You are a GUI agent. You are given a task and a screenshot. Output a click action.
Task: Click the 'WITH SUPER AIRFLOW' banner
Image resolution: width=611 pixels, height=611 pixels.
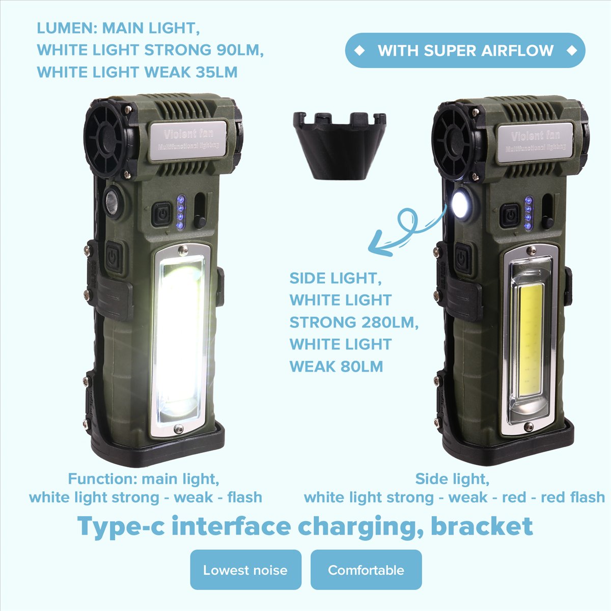(x=465, y=50)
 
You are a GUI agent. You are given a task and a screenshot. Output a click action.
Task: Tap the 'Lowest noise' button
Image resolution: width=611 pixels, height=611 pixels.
(x=246, y=570)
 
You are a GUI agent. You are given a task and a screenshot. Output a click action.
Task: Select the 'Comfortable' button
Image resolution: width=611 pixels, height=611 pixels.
(x=366, y=570)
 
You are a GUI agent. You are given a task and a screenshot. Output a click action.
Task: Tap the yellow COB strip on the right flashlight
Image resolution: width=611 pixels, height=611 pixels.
(x=531, y=340)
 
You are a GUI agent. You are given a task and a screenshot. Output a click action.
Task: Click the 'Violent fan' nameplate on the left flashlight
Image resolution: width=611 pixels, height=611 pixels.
(x=188, y=140)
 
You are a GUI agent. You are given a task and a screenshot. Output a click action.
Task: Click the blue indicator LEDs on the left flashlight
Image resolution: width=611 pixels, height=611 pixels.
(x=180, y=212)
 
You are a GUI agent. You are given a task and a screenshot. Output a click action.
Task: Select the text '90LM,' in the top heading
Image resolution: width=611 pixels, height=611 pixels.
(x=240, y=50)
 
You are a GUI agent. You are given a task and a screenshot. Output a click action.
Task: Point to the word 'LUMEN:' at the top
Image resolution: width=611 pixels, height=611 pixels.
(x=67, y=28)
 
